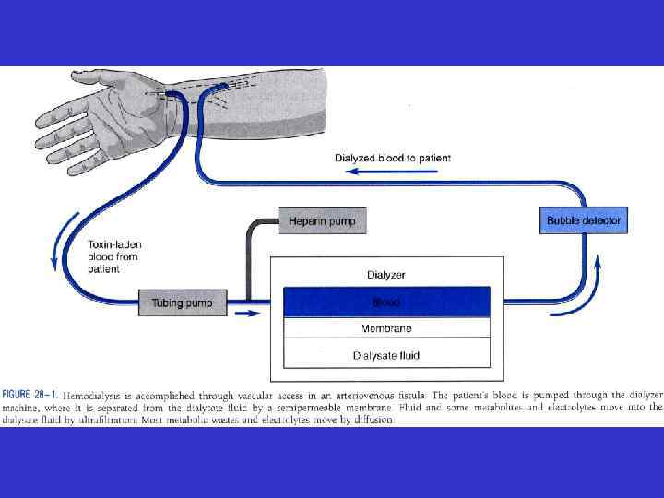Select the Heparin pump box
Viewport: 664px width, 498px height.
322,222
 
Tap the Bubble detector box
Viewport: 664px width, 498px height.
584,221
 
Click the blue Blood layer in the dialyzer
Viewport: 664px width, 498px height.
386,302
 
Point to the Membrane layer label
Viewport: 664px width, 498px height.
386,328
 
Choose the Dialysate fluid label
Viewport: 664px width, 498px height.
386,354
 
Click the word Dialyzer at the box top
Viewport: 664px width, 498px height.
386,275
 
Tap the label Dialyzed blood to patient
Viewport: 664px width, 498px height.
392,159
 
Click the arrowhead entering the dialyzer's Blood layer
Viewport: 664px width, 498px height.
277,302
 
